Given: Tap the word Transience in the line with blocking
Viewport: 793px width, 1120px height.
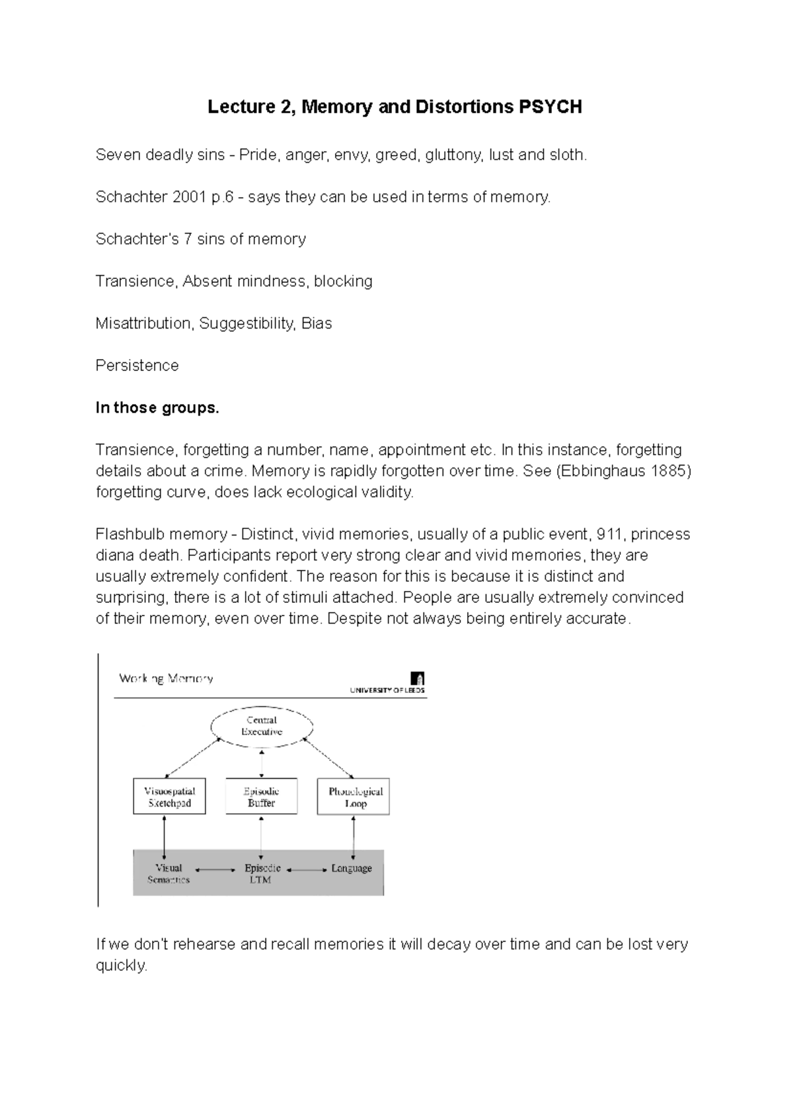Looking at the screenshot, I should pyautogui.click(x=135, y=282).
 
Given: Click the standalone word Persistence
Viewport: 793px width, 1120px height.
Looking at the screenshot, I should pyautogui.click(x=137, y=366).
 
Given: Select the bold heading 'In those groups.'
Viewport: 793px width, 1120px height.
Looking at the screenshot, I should pyautogui.click(x=157, y=408).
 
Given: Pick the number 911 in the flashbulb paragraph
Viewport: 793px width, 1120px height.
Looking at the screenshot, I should pyautogui.click(x=609, y=534).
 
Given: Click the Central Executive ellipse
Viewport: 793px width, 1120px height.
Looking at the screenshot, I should pyautogui.click(x=262, y=726).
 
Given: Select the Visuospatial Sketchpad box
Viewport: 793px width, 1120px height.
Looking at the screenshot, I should pyautogui.click(x=169, y=797).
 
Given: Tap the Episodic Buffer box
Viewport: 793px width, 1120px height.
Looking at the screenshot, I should pyautogui.click(x=262, y=797).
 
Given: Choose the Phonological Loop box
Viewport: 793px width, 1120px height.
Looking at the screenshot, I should pyautogui.click(x=354, y=797).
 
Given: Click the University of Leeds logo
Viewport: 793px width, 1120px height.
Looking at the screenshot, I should pyautogui.click(x=417, y=679).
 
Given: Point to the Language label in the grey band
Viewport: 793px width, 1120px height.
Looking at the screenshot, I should pyautogui.click(x=351, y=868).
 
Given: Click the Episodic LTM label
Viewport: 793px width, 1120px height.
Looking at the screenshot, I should pyautogui.click(x=262, y=873).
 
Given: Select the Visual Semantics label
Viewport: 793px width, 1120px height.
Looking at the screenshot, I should pyautogui.click(x=169, y=873).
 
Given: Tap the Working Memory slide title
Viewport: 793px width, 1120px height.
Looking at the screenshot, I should pyautogui.click(x=166, y=678).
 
